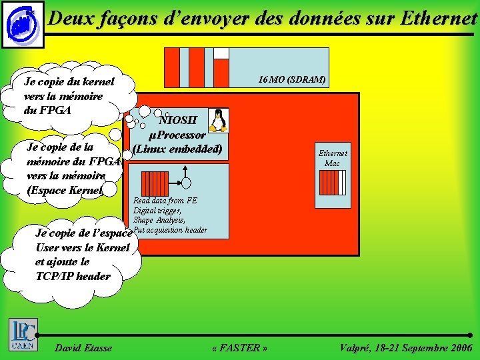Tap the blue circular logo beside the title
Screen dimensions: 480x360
21,25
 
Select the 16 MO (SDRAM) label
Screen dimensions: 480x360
292,79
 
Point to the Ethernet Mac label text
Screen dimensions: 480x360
332,157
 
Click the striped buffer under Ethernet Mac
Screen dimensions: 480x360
332,181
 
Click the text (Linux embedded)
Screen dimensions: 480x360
177,149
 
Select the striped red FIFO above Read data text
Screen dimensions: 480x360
156,181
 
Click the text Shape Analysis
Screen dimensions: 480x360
159,220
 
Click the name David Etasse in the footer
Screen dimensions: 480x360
83,347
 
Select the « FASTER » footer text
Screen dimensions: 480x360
239,347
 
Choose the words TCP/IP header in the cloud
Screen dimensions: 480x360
73,276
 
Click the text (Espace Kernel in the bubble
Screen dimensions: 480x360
65,190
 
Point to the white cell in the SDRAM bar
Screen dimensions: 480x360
221,53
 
